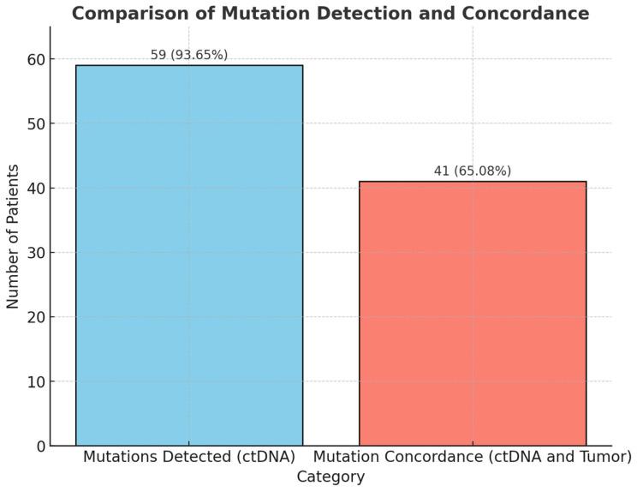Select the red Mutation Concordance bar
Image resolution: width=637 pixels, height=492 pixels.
[x=473, y=313]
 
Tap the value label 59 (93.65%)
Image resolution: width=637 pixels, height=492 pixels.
[x=189, y=55]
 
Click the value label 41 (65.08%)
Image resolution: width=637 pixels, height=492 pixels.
[x=473, y=171]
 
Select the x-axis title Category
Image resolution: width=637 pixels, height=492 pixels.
[x=330, y=477]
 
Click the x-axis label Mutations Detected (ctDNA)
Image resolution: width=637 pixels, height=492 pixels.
[x=189, y=457]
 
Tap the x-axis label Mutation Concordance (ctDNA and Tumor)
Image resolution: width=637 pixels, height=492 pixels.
[x=473, y=457]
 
